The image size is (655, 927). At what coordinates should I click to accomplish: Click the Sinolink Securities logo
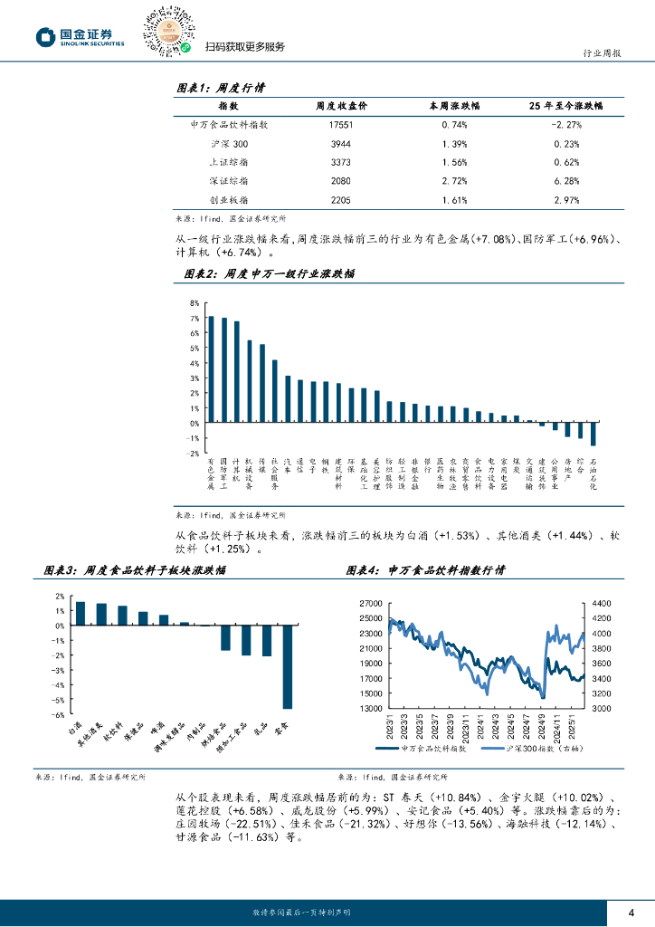80,37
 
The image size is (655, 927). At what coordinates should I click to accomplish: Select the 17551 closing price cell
341,125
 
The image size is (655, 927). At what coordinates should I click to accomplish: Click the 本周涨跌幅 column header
454,105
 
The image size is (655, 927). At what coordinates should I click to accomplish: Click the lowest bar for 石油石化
593,434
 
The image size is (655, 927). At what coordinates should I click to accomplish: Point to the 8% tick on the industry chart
194,303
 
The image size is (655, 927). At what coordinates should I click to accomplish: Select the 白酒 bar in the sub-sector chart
81,613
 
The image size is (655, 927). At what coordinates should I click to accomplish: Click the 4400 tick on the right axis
603,603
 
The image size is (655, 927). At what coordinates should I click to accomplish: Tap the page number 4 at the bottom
631,911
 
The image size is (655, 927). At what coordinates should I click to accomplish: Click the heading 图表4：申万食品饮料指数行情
425,570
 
